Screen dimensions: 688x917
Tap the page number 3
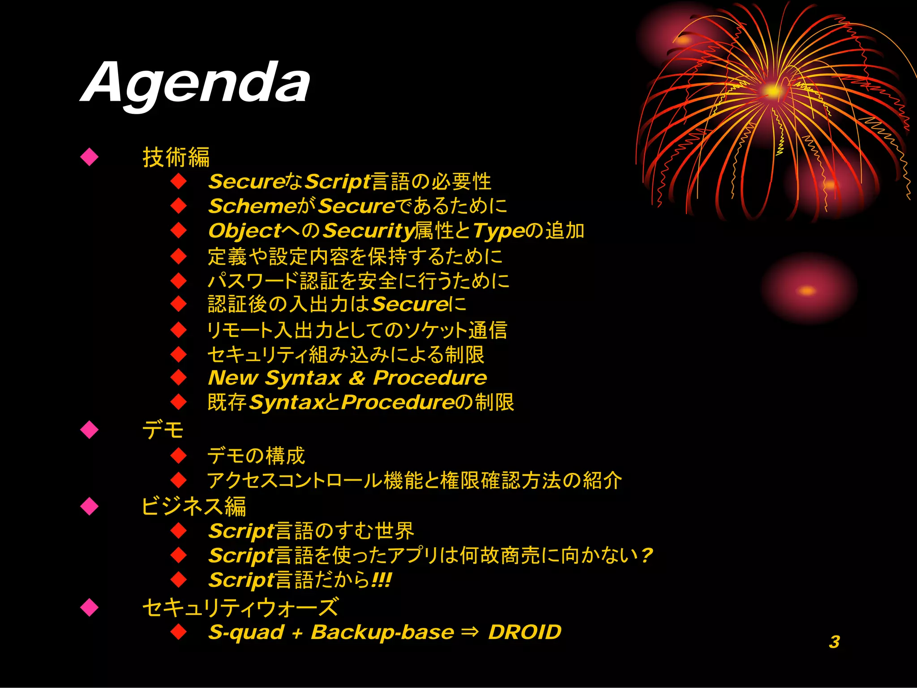834,642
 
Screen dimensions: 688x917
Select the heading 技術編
176,157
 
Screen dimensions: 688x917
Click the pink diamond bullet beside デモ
90,430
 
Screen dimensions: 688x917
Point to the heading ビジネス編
193,507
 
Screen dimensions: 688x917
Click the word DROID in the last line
524,632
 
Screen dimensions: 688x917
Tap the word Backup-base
382,632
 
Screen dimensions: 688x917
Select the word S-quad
246,632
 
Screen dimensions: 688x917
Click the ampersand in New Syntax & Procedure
357,378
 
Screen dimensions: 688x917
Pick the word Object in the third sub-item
244,231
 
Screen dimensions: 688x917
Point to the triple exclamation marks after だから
381,580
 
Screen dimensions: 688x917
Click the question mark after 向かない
646,556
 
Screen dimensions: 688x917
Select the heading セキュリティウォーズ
240,608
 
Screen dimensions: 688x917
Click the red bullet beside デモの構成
179,456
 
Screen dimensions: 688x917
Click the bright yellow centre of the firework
772,91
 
